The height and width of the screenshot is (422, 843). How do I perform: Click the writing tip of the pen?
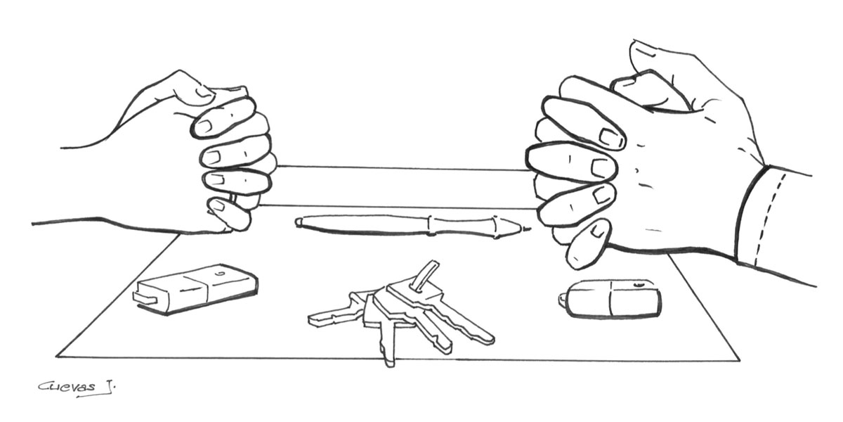click(529, 229)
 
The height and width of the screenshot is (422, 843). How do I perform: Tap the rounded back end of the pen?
click(299, 222)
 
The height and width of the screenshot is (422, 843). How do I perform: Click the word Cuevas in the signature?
click(67, 388)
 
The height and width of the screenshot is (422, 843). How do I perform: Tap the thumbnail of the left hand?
click(204, 92)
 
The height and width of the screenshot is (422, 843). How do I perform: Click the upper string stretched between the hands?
click(401, 167)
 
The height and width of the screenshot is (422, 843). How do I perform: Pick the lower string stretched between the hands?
click(399, 207)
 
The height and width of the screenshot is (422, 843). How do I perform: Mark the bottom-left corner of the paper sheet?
click(56, 356)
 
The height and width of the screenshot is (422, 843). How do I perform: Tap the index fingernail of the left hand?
click(205, 126)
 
